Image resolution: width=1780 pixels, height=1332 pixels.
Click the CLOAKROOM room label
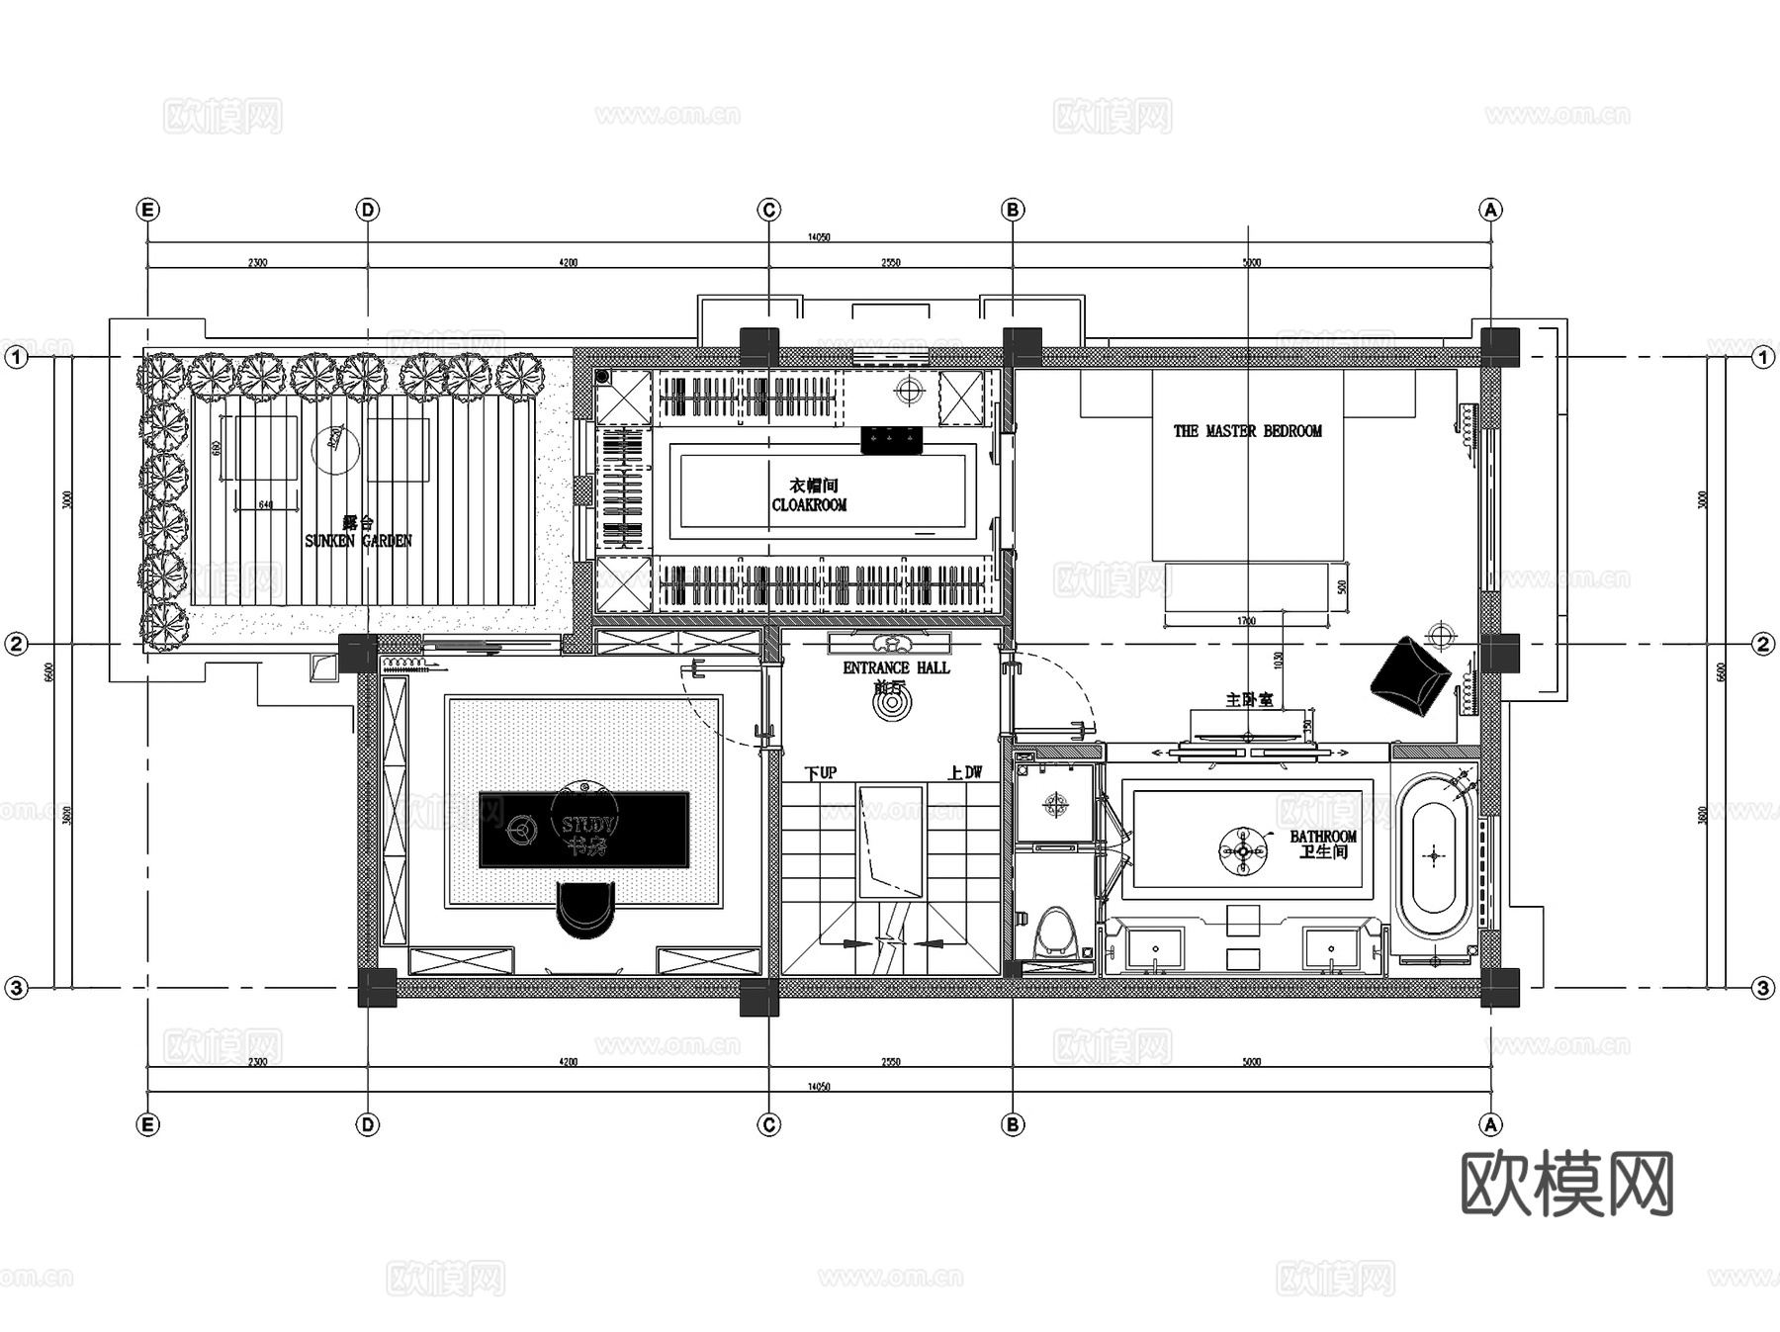[809, 504]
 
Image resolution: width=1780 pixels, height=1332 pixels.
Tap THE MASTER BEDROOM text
[1247, 431]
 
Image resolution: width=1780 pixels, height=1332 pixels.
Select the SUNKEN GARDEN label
[358, 541]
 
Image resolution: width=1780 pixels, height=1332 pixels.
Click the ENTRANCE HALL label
[896, 668]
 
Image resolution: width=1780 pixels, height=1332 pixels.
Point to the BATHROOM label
[1323, 837]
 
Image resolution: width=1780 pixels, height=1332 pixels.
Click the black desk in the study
[583, 829]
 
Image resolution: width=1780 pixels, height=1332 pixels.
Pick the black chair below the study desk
[585, 909]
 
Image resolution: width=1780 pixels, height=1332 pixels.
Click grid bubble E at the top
[148, 210]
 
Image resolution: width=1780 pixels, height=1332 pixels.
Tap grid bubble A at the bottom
[1490, 1124]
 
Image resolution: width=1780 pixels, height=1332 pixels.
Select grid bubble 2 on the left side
[16, 645]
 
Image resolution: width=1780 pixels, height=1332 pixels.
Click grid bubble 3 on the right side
[1763, 988]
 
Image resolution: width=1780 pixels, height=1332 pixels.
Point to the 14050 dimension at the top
[819, 237]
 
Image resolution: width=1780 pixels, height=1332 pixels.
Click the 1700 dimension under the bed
[1246, 621]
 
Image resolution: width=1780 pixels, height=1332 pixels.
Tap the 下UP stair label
[820, 772]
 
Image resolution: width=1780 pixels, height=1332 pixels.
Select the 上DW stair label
[965, 772]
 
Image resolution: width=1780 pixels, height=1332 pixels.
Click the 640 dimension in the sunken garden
[265, 504]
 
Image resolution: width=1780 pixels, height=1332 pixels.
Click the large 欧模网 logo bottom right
[1566, 1183]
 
